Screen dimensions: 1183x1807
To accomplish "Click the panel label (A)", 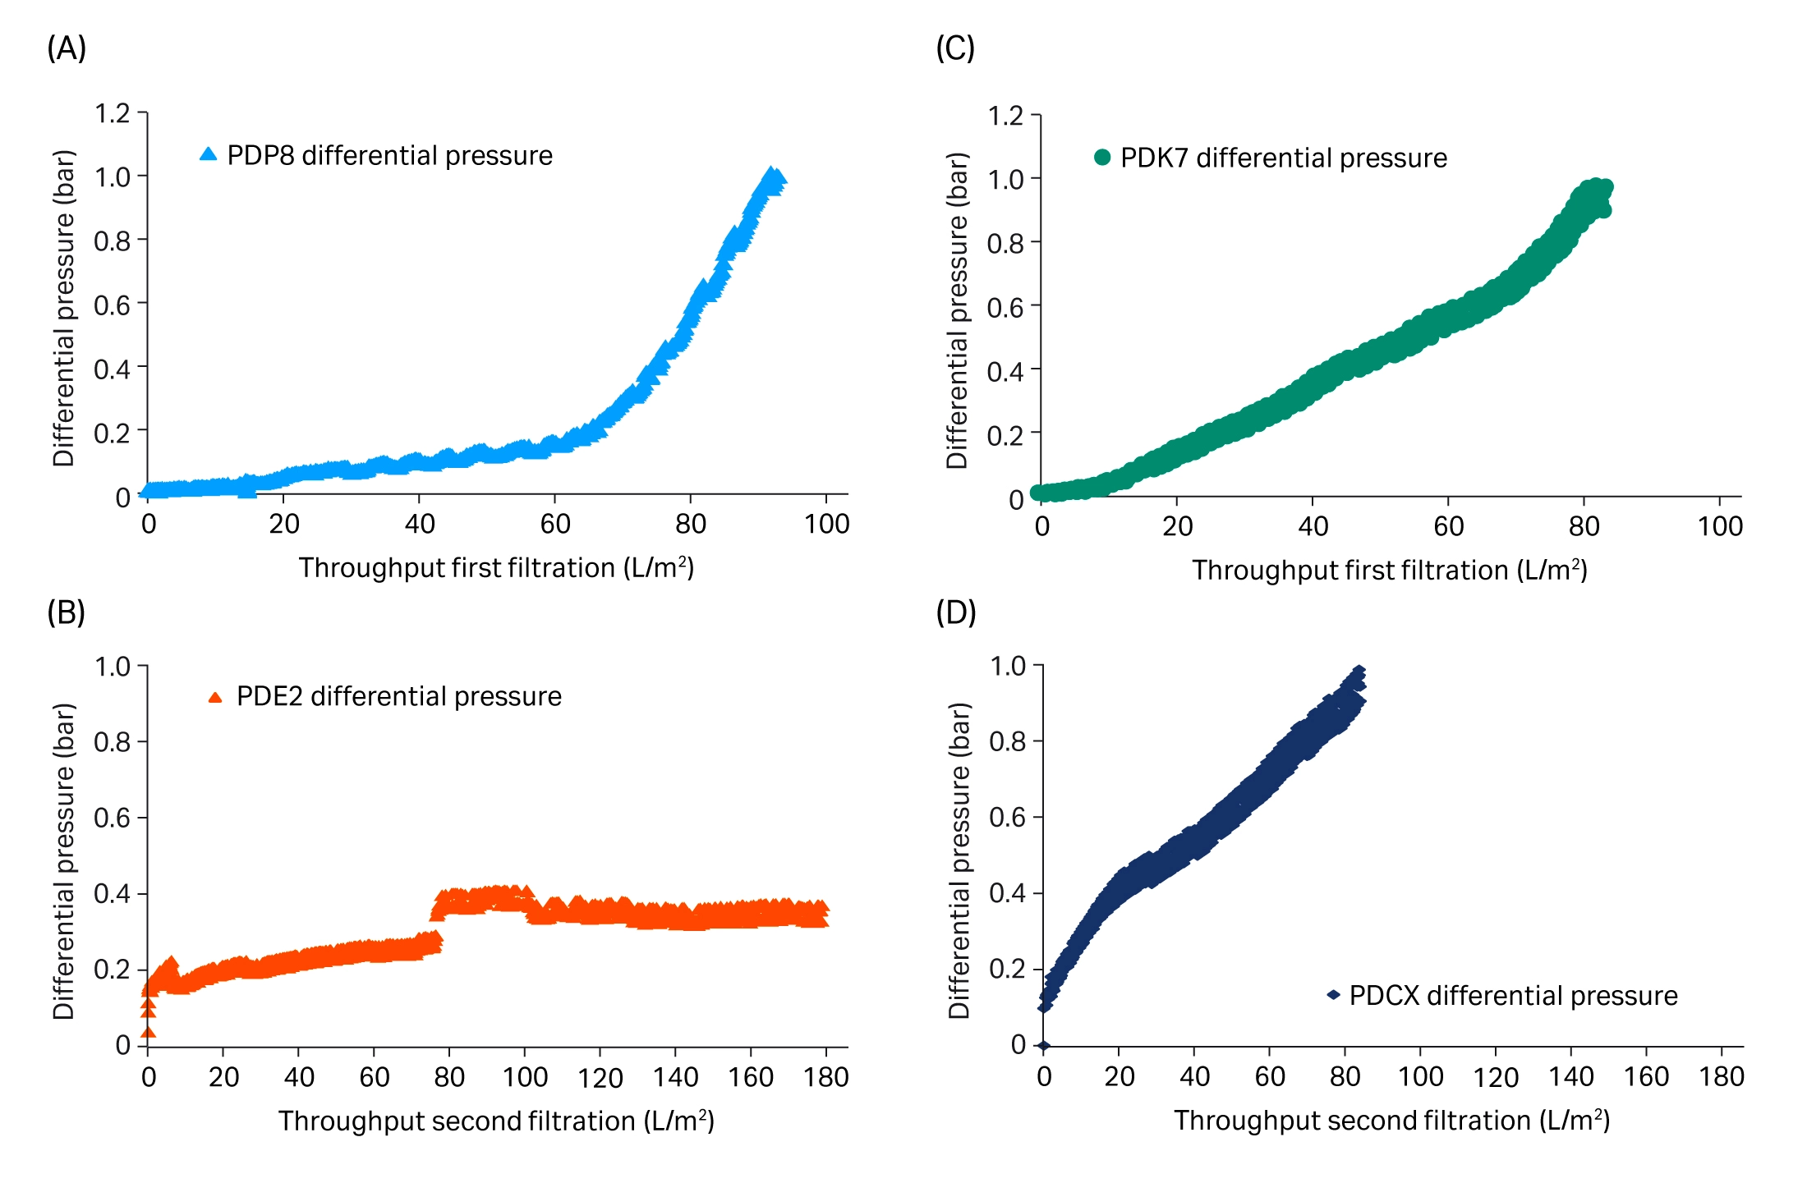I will point(67,48).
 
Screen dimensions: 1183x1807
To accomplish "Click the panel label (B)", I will point(67,612).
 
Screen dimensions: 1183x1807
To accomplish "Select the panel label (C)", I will point(955,48).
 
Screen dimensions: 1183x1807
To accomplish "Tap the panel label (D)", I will point(956,612).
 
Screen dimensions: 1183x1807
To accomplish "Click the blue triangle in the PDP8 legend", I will point(209,154).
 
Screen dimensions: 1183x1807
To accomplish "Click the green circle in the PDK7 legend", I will point(1102,157).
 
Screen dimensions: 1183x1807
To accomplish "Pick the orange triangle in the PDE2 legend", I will point(215,697).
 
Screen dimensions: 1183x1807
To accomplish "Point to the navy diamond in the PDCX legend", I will point(1334,995).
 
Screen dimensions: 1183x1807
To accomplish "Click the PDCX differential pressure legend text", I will point(1513,995).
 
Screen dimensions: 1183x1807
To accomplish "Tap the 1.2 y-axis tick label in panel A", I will point(113,113).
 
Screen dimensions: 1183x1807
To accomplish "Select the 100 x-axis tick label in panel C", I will point(1720,526).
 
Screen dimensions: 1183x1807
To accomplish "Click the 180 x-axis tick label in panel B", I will point(825,1077).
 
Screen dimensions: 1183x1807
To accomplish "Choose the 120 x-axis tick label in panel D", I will point(1495,1077).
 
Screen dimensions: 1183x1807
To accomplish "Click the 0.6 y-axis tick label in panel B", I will point(113,818).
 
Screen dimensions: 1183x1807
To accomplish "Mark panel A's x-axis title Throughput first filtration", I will point(496,568).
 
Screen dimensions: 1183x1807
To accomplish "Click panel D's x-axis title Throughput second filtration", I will point(1391,1121).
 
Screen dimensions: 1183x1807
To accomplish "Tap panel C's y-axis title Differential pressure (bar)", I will point(958,310).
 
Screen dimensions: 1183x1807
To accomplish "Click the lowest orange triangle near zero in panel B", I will point(148,1032).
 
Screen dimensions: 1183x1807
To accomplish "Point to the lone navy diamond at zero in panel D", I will point(1043,1046).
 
